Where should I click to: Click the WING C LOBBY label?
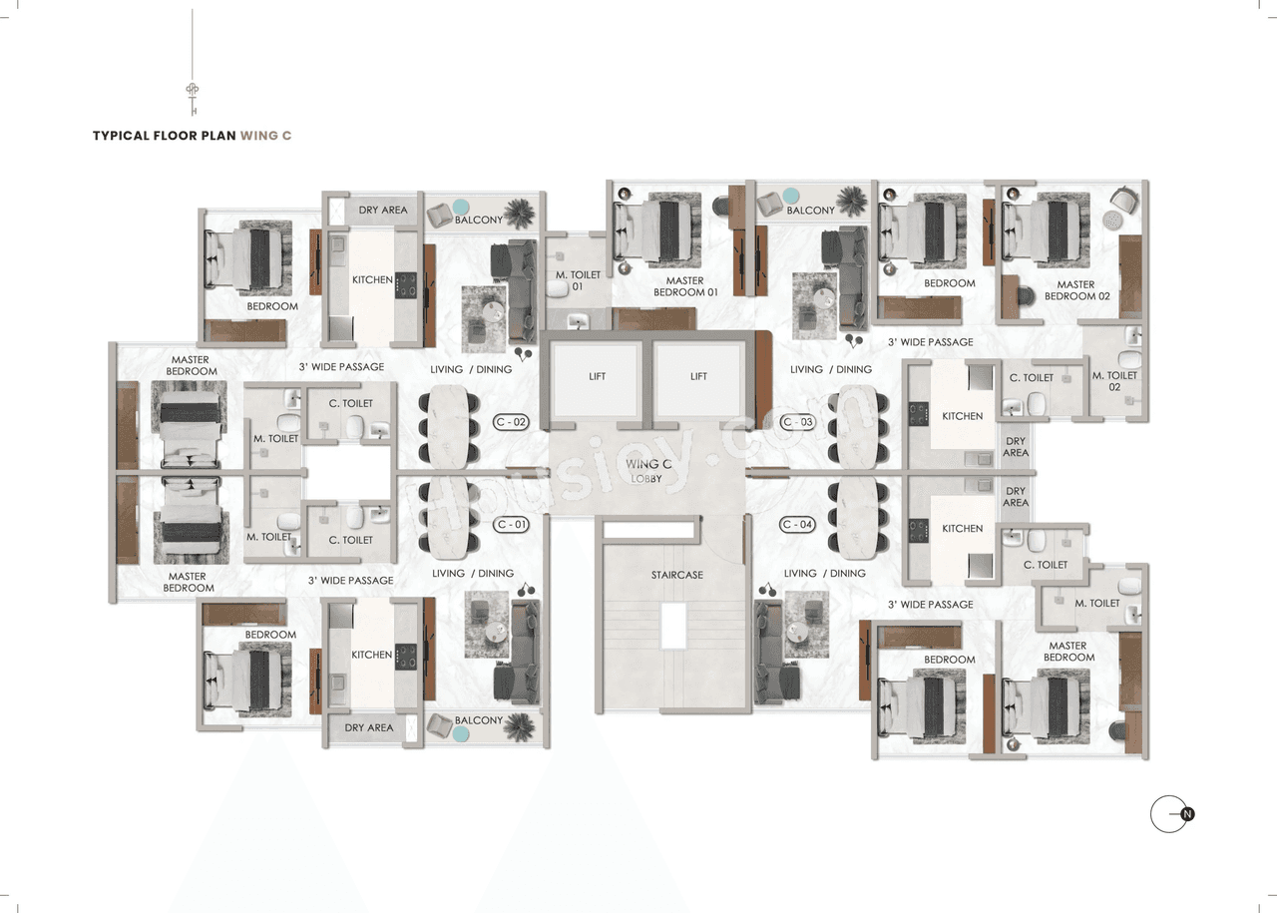click(647, 471)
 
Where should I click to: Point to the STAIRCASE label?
click(677, 575)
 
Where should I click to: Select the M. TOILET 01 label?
click(579, 280)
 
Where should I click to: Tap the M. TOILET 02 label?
click(1114, 381)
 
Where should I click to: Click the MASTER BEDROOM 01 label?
click(685, 286)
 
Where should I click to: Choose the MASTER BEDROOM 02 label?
click(1075, 290)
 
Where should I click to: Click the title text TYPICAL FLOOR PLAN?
click(164, 136)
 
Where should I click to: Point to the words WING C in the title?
click(265, 136)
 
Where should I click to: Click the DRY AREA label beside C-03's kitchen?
click(1016, 447)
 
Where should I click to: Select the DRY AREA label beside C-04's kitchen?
click(1016, 497)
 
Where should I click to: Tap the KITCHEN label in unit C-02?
click(372, 279)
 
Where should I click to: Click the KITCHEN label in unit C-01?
click(371, 655)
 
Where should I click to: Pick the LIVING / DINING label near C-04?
click(814, 574)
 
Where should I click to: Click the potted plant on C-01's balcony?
click(518, 725)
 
